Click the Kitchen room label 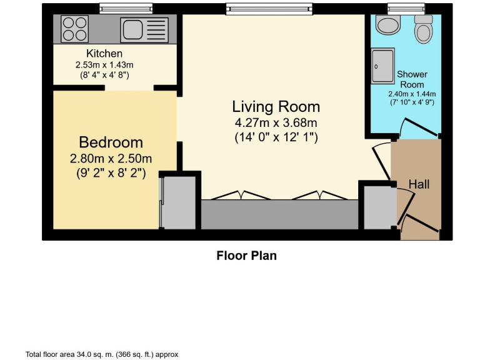(104, 54)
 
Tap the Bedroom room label (111, 142)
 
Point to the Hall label (419, 184)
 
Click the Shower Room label (412, 79)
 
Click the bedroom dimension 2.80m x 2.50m (111, 158)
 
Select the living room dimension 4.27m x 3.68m (276, 122)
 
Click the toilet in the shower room (424, 29)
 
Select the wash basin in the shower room (389, 25)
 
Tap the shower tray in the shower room (383, 66)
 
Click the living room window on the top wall (269, 8)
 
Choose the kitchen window (126, 8)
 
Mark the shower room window (406, 8)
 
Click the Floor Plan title (246, 255)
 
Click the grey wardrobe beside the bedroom (180, 202)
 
